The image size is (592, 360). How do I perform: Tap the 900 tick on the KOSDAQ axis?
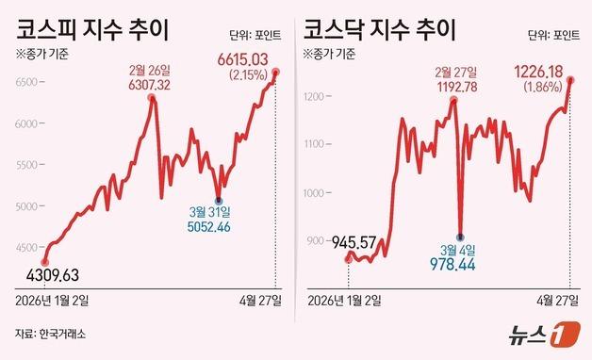(316, 241)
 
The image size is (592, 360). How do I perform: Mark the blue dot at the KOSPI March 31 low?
(219, 200)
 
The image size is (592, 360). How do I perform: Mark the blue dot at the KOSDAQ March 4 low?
(460, 237)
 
